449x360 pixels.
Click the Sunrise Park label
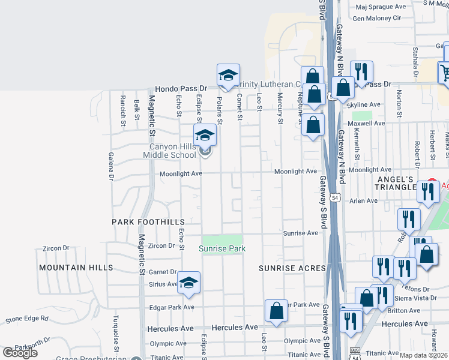click(222, 248)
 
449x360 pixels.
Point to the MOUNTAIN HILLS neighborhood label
click(76, 267)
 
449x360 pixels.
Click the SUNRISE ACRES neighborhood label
click(292, 268)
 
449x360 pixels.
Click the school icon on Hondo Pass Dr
click(228, 75)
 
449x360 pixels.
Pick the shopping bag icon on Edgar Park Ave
click(276, 311)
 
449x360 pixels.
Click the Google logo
click(20, 352)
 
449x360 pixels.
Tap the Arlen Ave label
click(364, 201)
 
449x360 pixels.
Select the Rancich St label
click(122, 107)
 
